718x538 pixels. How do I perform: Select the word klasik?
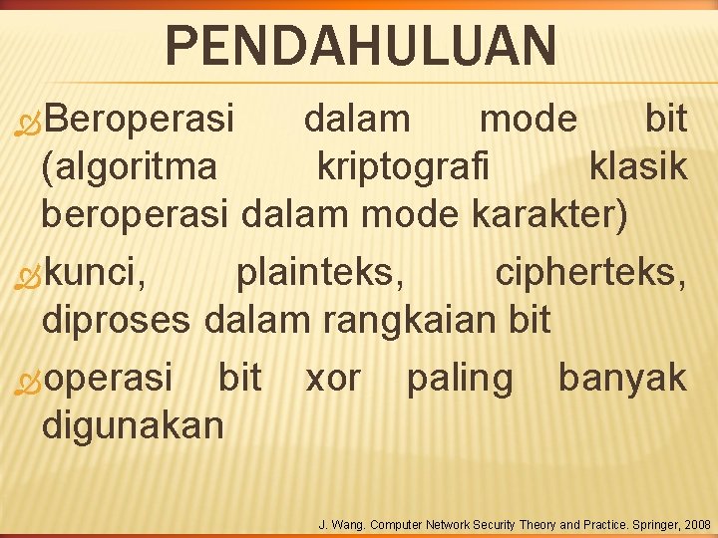point(638,167)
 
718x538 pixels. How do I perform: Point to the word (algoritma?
point(129,167)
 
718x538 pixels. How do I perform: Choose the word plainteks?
point(320,271)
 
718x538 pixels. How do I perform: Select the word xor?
point(333,378)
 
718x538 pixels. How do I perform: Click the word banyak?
point(622,378)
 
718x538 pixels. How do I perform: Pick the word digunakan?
point(134,426)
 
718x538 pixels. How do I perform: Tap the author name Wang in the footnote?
point(345,524)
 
